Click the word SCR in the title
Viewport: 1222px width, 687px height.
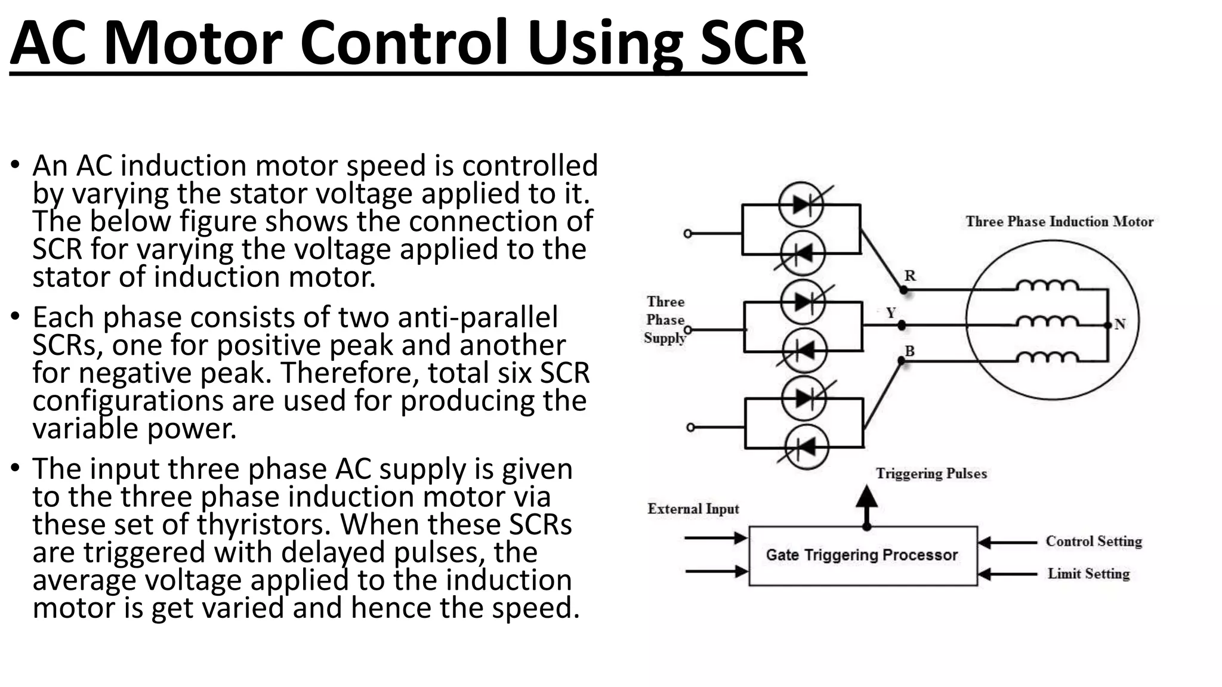752,43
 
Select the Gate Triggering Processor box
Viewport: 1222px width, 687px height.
862,555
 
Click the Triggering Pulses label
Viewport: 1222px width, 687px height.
931,474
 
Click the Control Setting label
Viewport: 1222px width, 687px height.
1093,541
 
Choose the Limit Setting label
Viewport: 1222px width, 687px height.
1088,574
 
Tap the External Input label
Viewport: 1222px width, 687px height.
693,509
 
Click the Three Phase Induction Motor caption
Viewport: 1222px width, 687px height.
1059,222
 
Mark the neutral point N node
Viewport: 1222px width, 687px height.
1108,325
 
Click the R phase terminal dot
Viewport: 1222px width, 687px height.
903,290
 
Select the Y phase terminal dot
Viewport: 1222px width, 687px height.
902,325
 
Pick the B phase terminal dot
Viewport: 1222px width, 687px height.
902,360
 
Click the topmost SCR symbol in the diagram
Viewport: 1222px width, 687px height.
801,205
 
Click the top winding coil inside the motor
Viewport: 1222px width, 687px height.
1047,286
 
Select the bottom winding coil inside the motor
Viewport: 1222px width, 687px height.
1047,358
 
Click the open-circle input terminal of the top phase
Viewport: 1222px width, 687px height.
687,234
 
